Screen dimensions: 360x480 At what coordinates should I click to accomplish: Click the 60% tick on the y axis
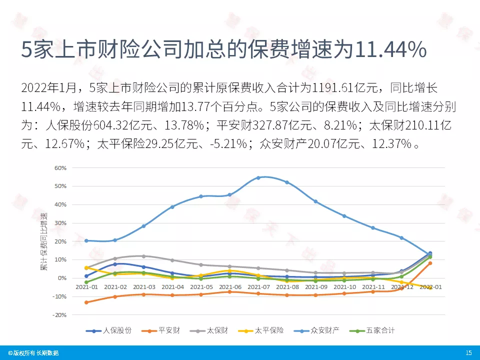60,168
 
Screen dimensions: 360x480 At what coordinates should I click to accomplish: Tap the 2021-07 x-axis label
258,287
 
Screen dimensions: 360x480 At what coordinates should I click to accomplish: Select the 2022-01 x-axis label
430,287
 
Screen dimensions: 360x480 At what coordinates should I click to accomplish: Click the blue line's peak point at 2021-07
258,177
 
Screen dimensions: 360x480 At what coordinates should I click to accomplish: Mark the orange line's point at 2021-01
86,302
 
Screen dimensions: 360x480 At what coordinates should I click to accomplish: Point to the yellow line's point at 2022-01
430,287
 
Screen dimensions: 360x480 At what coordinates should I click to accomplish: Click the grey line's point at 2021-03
144,256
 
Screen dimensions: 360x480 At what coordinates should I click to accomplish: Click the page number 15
468,353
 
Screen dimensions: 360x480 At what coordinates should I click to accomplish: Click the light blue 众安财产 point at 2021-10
344,216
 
